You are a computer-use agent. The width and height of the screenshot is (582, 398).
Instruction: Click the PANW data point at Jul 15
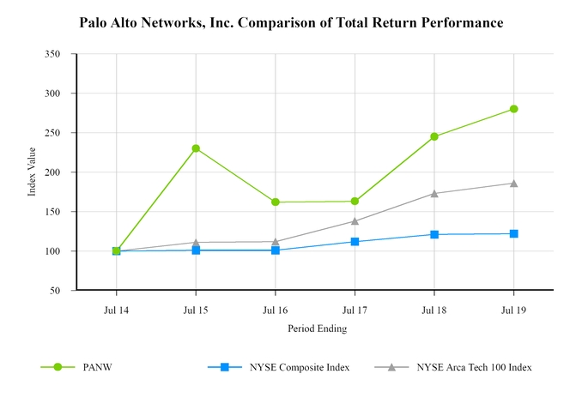pyautogui.click(x=196, y=148)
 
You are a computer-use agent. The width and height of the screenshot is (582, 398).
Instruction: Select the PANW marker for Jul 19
pyautogui.click(x=513, y=109)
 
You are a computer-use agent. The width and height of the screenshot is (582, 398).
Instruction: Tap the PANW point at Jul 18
pyautogui.click(x=434, y=136)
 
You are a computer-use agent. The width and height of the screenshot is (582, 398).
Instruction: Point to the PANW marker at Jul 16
pyautogui.click(x=276, y=202)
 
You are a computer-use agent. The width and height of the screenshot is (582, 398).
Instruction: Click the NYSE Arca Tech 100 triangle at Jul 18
pyautogui.click(x=434, y=193)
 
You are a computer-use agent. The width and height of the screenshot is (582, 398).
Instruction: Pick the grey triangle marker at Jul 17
pyautogui.click(x=355, y=221)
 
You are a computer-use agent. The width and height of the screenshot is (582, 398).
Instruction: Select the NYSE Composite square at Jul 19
pyautogui.click(x=513, y=233)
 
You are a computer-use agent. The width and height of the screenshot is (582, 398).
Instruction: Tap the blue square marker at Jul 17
pyautogui.click(x=355, y=242)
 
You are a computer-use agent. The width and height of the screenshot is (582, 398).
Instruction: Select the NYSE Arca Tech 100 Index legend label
pyautogui.click(x=474, y=367)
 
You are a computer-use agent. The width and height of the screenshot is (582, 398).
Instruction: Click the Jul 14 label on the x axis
pyautogui.click(x=116, y=310)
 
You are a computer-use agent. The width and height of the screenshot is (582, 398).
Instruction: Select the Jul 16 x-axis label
pyautogui.click(x=276, y=310)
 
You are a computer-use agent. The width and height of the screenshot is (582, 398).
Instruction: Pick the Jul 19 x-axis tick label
pyautogui.click(x=513, y=310)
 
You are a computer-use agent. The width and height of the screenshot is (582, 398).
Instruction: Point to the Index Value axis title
pyautogui.click(x=32, y=172)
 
